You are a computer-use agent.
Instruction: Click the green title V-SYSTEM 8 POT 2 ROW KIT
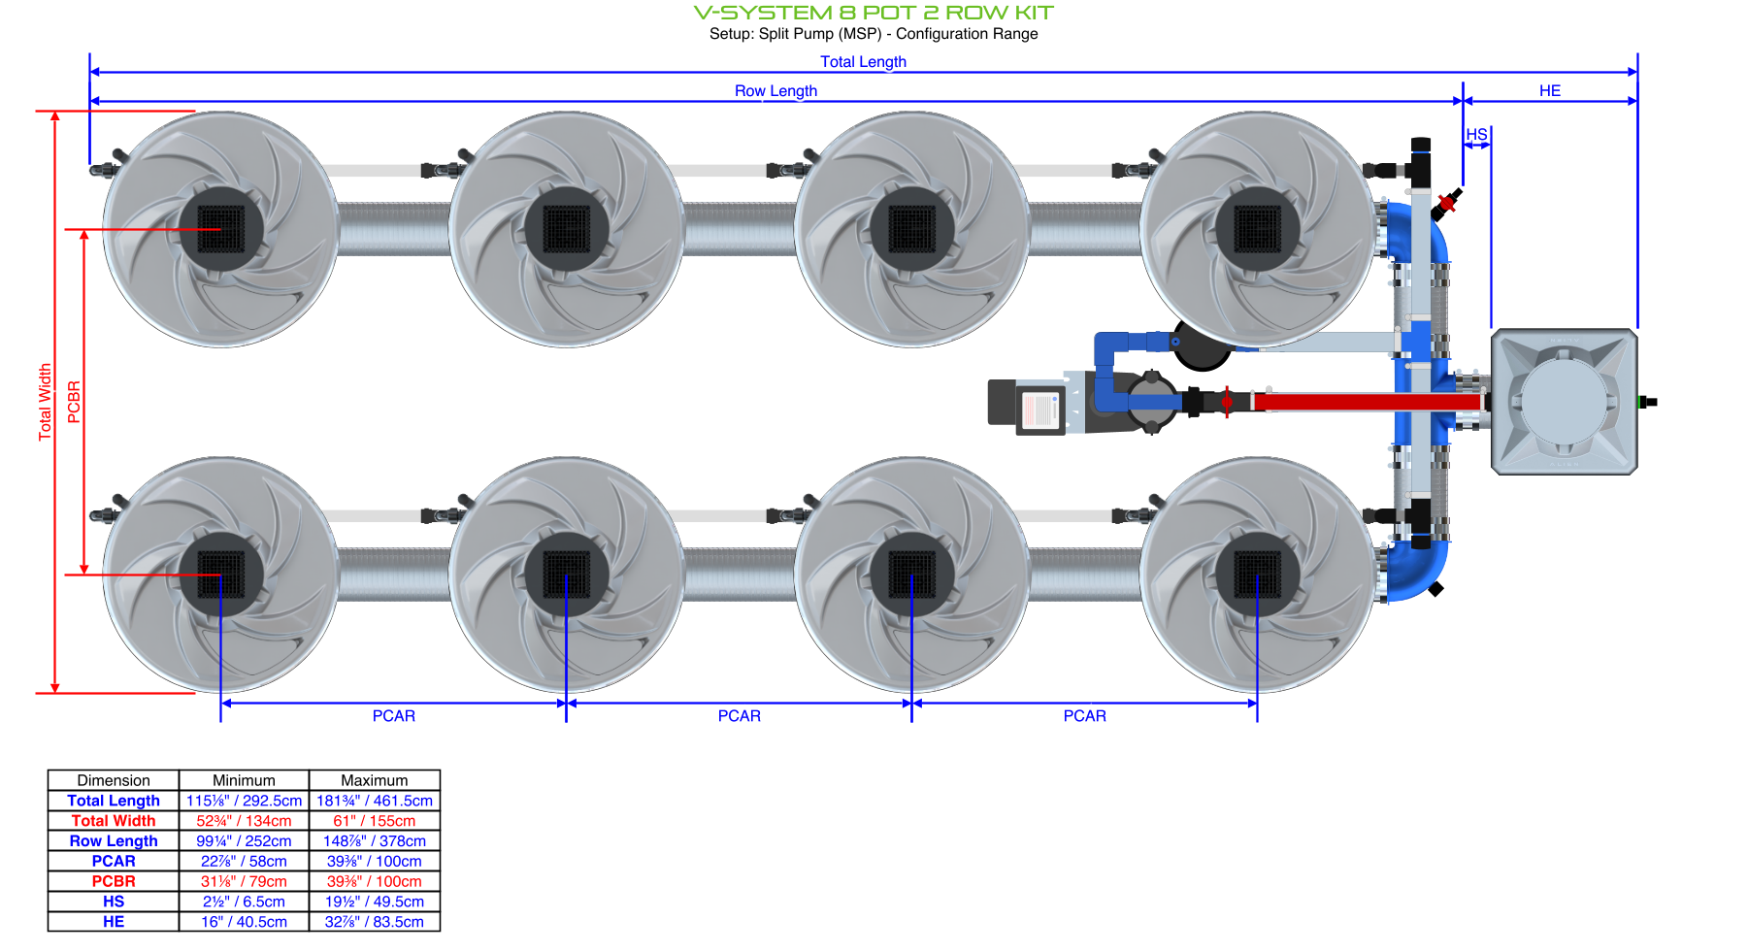[873, 13]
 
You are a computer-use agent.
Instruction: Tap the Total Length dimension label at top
[863, 62]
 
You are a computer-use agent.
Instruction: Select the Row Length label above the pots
[775, 91]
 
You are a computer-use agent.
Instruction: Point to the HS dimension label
[1476, 135]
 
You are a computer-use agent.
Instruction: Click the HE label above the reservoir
[1549, 91]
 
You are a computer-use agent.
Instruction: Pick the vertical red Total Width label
[45, 402]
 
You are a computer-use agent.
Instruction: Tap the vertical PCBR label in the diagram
[74, 402]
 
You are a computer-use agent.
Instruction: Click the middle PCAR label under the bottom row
[739, 716]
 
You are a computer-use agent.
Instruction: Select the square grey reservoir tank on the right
[1564, 402]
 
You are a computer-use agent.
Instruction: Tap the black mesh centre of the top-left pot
[221, 230]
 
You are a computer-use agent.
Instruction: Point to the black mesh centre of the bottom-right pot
[1257, 574]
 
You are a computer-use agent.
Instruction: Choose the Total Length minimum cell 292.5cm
[244, 801]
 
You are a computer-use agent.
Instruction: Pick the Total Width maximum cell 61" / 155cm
[374, 821]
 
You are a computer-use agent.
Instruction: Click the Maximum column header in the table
[374, 780]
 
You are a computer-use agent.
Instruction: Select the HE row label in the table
[114, 922]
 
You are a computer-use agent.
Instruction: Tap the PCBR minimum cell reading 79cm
[244, 881]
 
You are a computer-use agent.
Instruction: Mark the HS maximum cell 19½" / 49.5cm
[374, 902]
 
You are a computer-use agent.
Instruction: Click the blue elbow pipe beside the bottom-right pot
[1419, 573]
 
